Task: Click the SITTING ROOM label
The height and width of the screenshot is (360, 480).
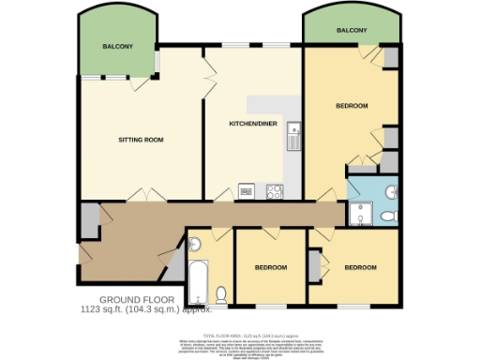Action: [141, 140]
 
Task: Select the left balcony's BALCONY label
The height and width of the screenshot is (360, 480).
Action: [118, 46]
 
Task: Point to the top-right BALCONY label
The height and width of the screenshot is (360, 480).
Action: [352, 30]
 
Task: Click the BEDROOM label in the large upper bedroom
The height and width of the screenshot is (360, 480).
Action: [352, 106]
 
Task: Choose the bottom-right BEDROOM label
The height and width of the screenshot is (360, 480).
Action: [360, 268]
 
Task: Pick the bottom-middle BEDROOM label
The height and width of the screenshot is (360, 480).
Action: [271, 268]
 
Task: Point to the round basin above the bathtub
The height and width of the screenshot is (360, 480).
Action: [195, 246]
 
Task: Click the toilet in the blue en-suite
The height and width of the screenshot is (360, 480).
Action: [389, 217]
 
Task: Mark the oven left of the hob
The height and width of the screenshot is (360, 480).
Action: [247, 191]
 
